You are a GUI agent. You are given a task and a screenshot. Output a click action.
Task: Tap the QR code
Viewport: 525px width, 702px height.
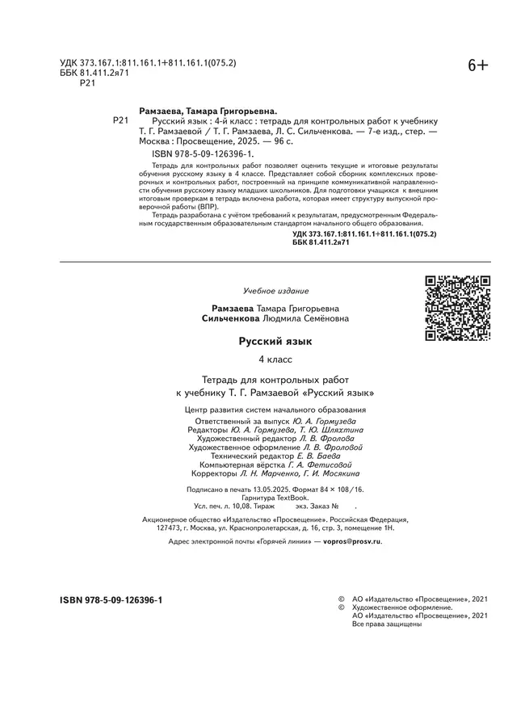coord(458,308)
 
